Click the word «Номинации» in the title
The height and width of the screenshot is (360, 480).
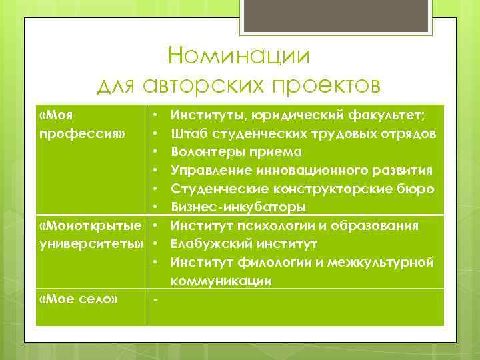(x=239, y=55)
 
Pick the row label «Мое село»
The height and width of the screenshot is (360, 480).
(x=79, y=299)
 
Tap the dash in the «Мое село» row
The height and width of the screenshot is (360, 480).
(x=155, y=299)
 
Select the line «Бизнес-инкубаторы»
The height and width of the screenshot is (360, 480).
(x=238, y=206)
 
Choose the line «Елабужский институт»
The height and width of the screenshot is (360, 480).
(x=243, y=242)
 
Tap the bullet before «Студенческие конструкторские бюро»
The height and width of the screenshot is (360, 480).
(x=155, y=188)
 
